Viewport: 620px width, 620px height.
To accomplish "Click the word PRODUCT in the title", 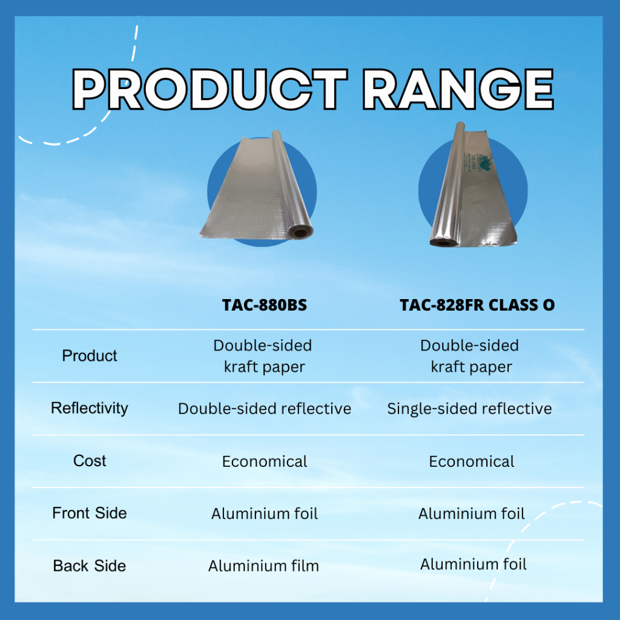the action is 209,89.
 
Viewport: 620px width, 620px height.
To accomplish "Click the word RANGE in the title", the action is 458,89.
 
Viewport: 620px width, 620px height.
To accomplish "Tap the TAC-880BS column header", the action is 265,305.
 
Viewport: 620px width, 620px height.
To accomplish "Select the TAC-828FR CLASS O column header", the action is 477,305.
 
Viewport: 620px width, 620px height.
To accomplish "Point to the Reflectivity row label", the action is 90,409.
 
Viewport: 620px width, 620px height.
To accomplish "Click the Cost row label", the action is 90,461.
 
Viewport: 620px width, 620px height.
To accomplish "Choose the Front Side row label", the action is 90,513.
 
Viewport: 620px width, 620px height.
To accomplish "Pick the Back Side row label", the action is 90,566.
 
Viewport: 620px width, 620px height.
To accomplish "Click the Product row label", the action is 90,355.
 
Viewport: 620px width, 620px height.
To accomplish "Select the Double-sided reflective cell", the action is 265,409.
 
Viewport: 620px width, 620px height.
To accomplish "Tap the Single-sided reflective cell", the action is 469,409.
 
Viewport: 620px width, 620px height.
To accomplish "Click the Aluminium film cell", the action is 264,566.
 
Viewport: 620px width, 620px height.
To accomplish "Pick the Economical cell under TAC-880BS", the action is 265,461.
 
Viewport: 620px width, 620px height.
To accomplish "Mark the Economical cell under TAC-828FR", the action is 472,461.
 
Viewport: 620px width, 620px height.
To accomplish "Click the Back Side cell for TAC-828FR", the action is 473,564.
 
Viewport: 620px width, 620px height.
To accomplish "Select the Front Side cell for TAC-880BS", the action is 265,513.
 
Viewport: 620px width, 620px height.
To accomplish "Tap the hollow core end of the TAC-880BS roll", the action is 300,232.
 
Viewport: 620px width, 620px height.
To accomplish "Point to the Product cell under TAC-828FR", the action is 470,356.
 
